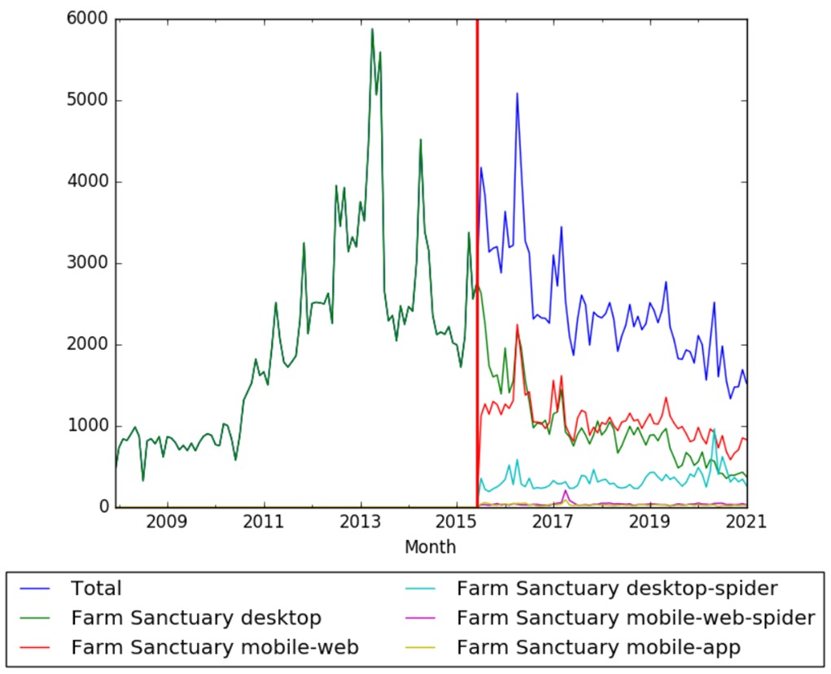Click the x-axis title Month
click(x=430, y=547)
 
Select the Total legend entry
click(x=96, y=589)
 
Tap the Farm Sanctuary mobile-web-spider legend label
click(x=635, y=618)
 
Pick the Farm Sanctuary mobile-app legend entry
click(x=598, y=647)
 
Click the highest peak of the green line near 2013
click(x=372, y=29)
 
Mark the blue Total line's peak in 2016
click(x=517, y=93)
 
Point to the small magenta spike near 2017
click(x=566, y=490)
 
